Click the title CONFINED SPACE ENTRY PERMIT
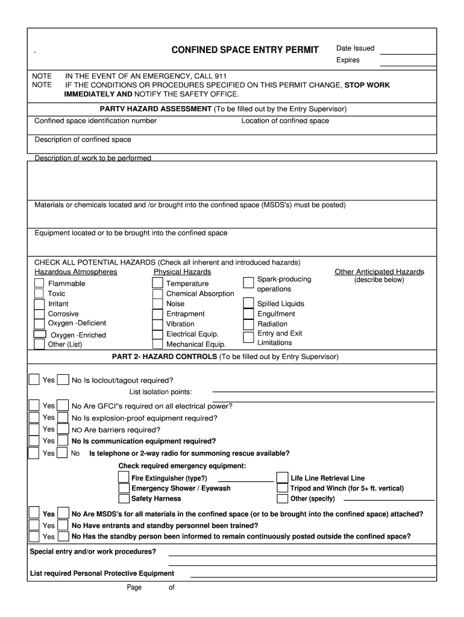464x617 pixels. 245,50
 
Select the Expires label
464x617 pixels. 348,60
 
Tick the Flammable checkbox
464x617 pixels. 39,283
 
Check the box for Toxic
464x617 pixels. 39,293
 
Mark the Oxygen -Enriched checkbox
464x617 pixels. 40,334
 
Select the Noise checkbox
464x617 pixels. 157,304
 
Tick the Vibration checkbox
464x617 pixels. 157,324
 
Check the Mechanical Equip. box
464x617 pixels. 157,345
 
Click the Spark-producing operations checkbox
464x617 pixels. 248,283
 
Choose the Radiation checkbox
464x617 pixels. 248,324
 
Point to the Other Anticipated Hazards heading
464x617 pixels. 379,272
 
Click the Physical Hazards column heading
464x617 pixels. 182,272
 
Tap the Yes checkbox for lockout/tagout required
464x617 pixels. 35,380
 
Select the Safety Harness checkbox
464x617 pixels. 124,498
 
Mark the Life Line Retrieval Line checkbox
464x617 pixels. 282,478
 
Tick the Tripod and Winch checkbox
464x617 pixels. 282,488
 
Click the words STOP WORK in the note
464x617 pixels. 366,86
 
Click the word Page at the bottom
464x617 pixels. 134,588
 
